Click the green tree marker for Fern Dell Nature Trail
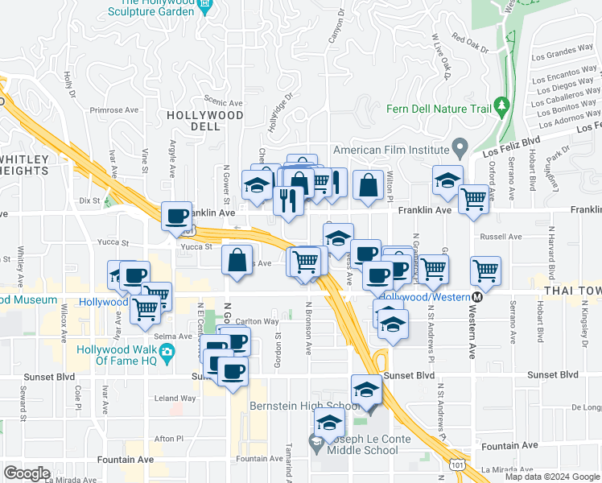point(502,105)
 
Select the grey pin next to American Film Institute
point(460,149)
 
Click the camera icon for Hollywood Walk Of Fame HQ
point(166,352)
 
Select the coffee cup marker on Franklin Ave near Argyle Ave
point(176,216)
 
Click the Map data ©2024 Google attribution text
point(552,477)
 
